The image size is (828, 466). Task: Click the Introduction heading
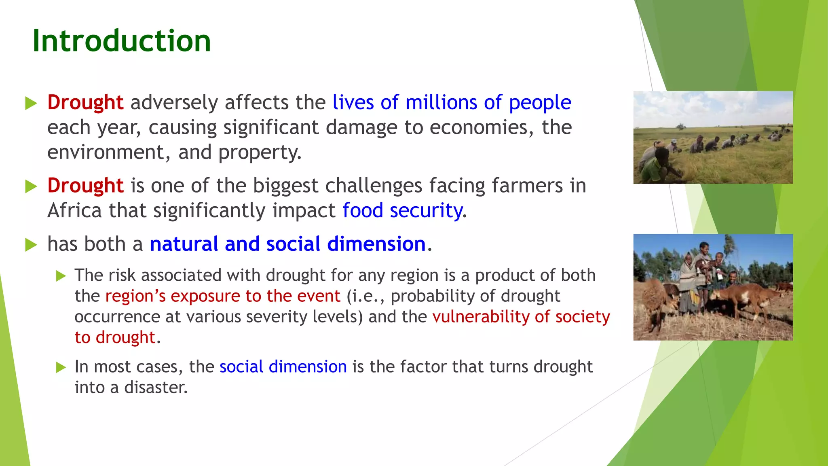point(121,41)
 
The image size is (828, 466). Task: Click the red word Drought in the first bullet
point(85,102)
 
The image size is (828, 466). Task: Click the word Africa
point(74,211)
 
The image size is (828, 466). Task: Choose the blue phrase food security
point(403,211)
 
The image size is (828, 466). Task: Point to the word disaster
point(156,388)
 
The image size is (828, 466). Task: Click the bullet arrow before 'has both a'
point(31,245)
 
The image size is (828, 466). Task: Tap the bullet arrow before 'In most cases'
point(61,367)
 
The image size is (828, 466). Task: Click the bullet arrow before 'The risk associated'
point(61,276)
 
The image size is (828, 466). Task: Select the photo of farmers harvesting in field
point(713,138)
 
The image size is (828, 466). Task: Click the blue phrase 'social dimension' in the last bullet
point(283,367)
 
